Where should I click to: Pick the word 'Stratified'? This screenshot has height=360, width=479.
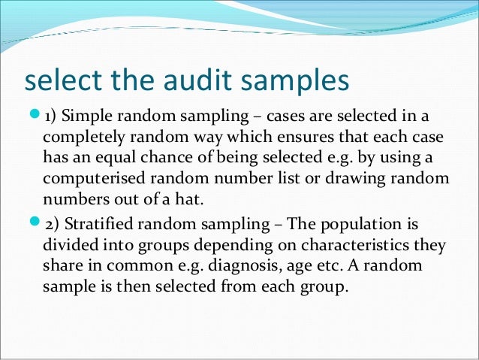pos(95,224)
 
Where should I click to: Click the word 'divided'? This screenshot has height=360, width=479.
pos(69,245)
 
